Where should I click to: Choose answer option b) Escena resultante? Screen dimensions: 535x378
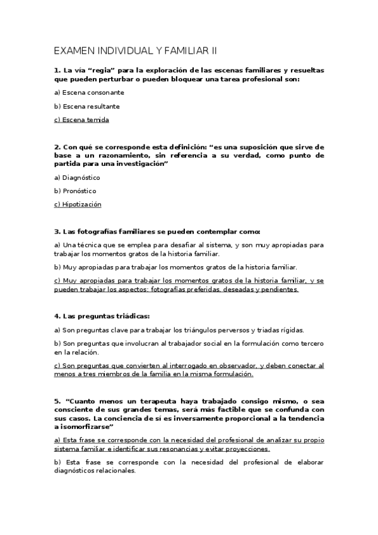[x=87, y=107]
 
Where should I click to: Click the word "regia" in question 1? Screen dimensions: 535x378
[x=101, y=71]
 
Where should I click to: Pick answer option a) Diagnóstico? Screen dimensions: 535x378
[x=77, y=177]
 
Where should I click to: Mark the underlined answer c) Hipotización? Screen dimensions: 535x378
[x=78, y=204]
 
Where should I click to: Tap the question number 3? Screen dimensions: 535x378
[x=57, y=232]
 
